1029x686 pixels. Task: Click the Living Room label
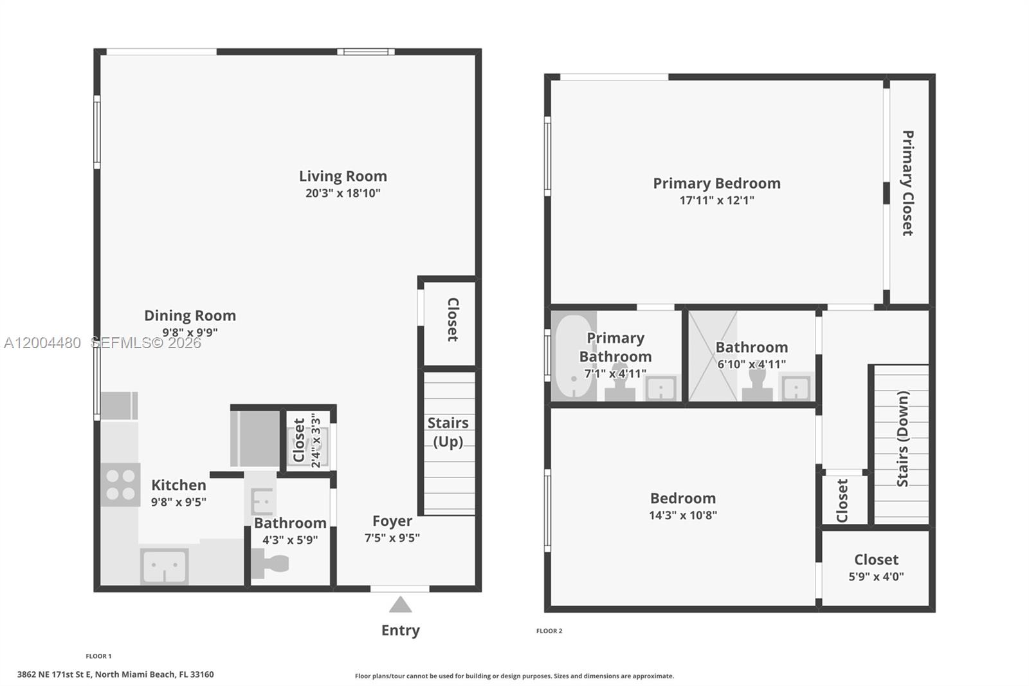[x=343, y=176]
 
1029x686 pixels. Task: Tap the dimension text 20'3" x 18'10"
[x=343, y=193]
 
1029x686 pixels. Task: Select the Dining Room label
[x=190, y=315]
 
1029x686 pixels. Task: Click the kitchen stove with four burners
[x=120, y=485]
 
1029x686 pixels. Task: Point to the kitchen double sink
[x=164, y=566]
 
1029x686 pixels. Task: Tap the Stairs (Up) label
[x=448, y=432]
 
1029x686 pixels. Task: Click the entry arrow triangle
[x=400, y=605]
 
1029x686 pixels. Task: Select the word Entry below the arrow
[x=400, y=630]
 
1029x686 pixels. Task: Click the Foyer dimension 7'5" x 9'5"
[x=392, y=538]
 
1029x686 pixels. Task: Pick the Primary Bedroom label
[x=716, y=183]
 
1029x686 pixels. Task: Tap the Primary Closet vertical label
[x=907, y=183]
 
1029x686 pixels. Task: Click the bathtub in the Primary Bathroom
[x=574, y=357]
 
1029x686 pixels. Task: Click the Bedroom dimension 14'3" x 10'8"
[x=682, y=515]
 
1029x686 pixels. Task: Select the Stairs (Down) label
[x=903, y=439]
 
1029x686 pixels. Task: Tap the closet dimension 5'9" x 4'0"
[x=876, y=577]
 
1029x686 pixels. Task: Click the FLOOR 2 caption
[x=549, y=631]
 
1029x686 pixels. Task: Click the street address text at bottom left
[x=115, y=674]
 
